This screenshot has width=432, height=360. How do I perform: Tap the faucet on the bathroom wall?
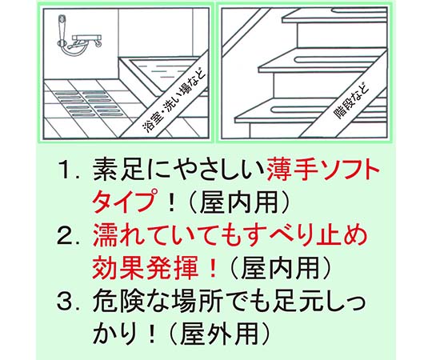coord(86,42)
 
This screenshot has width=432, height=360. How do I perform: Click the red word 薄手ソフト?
coord(323,170)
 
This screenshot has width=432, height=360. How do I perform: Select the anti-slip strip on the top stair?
coord(359,11)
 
